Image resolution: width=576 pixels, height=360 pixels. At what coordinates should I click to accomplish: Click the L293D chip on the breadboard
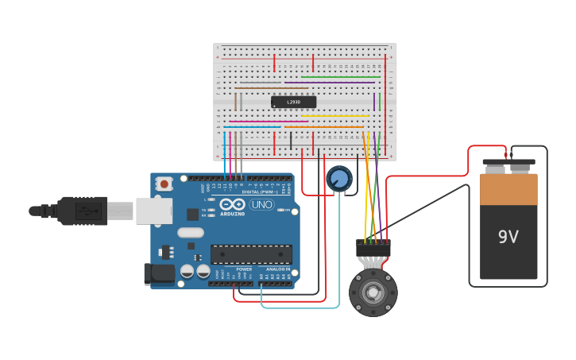(x=293, y=102)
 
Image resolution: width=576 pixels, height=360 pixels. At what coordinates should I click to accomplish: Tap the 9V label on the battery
(x=508, y=237)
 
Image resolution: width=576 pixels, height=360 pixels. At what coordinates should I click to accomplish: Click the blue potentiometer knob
(x=339, y=178)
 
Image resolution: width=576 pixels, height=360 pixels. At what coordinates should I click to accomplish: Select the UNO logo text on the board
(x=261, y=204)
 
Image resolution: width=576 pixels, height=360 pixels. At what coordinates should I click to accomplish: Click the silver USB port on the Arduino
(x=153, y=211)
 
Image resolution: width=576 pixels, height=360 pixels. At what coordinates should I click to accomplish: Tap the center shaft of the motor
(x=373, y=292)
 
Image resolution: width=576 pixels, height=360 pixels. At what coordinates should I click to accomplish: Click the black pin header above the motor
(x=373, y=248)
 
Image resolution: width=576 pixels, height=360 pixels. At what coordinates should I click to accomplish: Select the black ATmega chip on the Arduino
(x=251, y=254)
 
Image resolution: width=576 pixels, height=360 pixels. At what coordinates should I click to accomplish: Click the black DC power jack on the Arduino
(x=159, y=273)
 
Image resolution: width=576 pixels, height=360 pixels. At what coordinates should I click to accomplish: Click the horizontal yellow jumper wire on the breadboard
(x=334, y=116)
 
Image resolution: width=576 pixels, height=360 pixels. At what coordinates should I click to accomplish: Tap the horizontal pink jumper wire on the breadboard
(x=262, y=122)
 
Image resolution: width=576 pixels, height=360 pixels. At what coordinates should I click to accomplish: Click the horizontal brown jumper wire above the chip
(x=259, y=83)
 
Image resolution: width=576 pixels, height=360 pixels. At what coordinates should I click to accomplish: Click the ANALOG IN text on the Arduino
(x=277, y=269)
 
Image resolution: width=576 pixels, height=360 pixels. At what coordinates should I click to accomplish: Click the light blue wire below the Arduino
(x=302, y=307)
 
